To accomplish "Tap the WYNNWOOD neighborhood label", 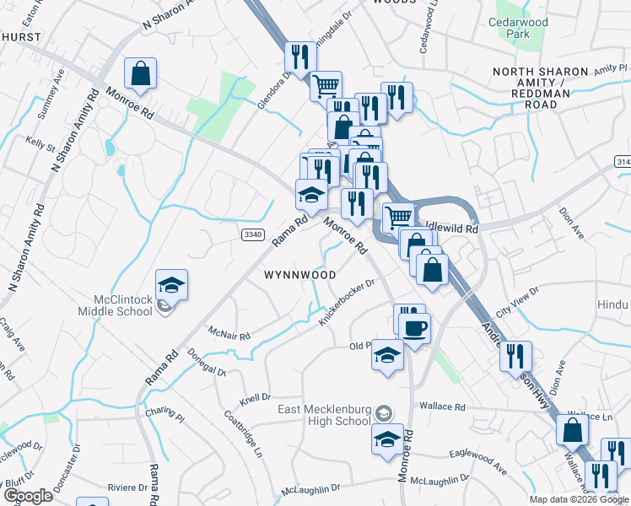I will point(300,276).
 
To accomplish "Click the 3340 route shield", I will point(252,234).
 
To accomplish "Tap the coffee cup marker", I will point(415,327).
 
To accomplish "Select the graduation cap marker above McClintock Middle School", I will point(171,286).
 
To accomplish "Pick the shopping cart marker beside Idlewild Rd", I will point(398,218).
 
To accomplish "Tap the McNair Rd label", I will point(230,335).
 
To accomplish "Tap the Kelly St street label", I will point(40,143).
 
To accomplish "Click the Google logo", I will point(28,496).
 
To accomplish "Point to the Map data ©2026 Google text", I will point(579,499).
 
